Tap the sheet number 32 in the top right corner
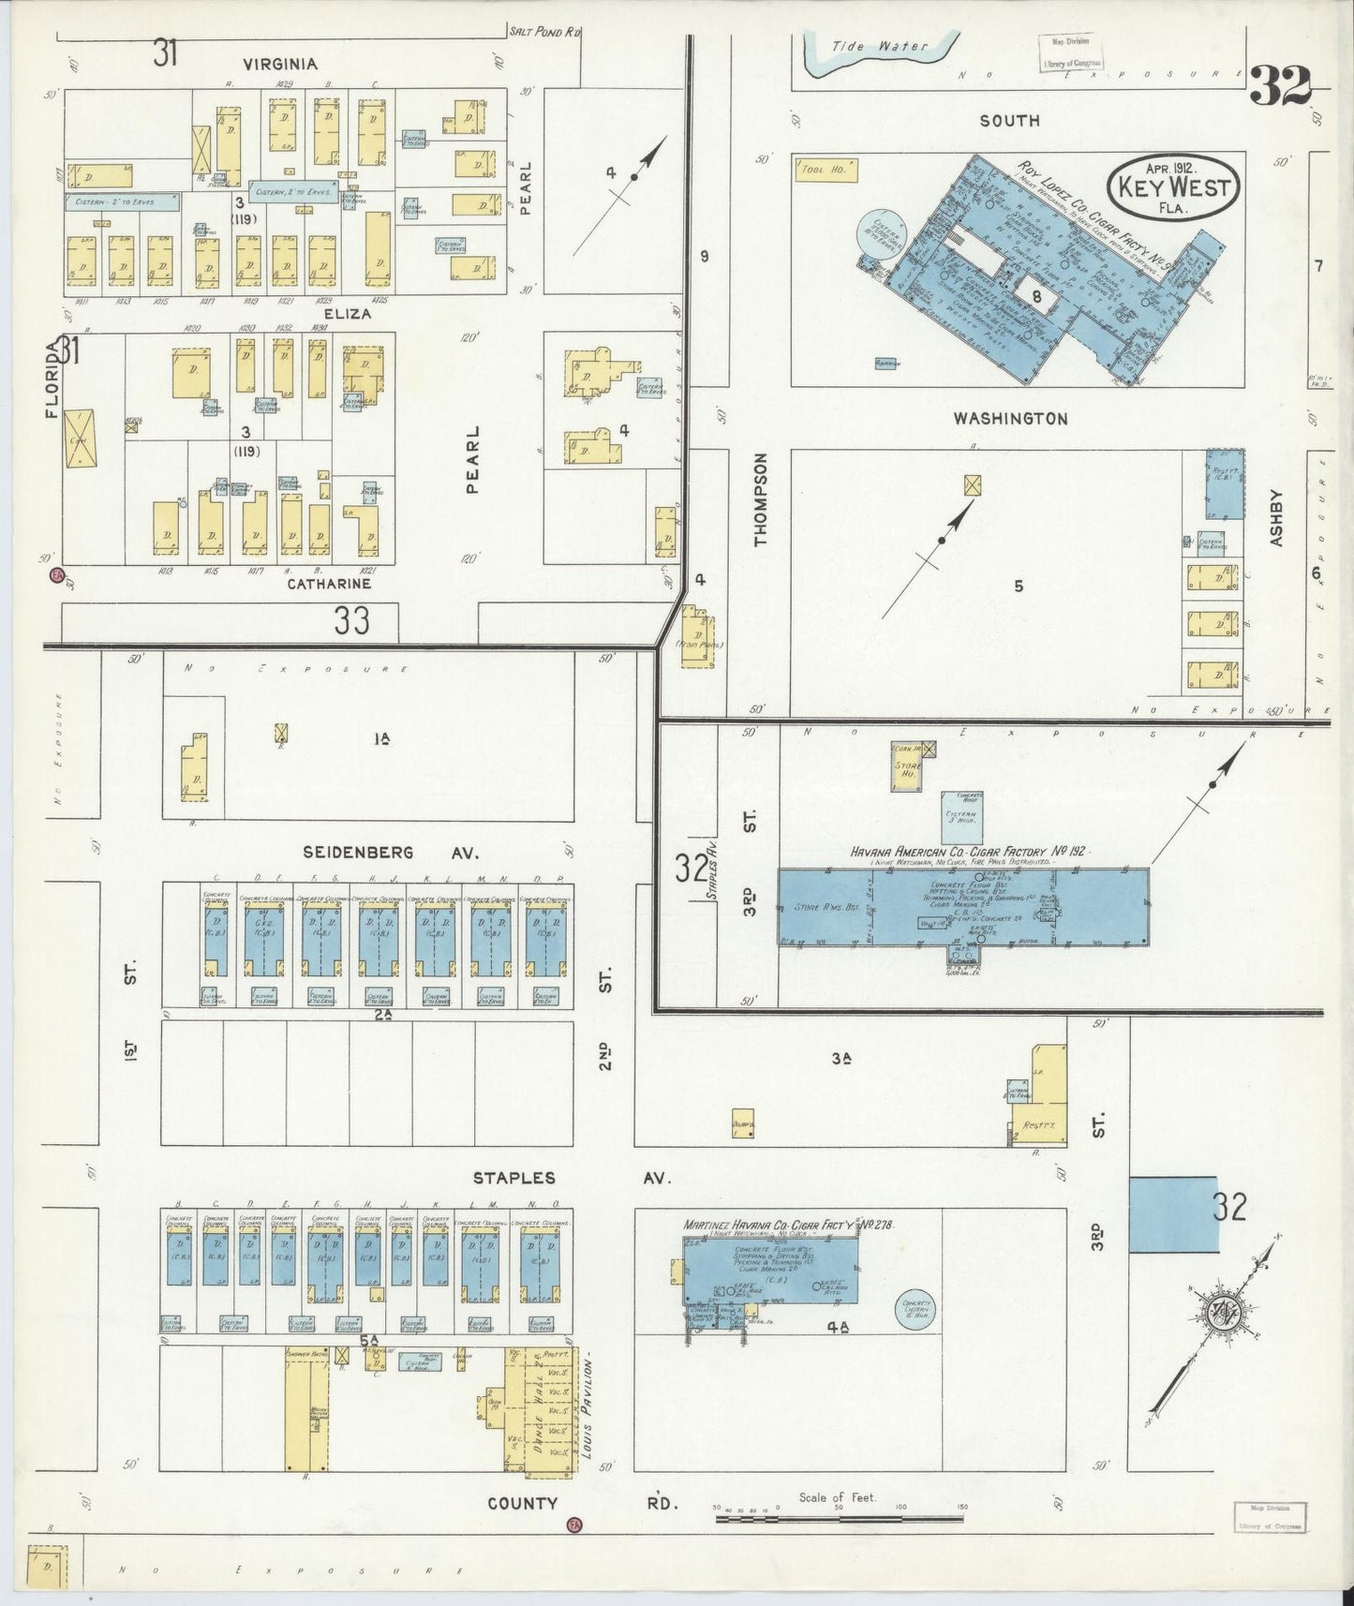[x=1279, y=87]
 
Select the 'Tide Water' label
[x=879, y=46]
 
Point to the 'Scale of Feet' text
[x=837, y=1497]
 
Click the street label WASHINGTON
[x=1010, y=419]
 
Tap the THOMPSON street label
[x=760, y=498]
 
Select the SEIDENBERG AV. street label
[x=391, y=853]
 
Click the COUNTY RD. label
[x=581, y=1503]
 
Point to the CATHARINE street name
[x=329, y=584]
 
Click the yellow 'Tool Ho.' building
[x=824, y=170]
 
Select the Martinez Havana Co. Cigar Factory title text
[x=788, y=1225]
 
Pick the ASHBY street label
[x=1275, y=517]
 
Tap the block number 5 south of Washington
[x=1018, y=587]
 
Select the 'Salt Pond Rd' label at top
[x=544, y=32]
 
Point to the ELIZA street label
[x=348, y=314]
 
